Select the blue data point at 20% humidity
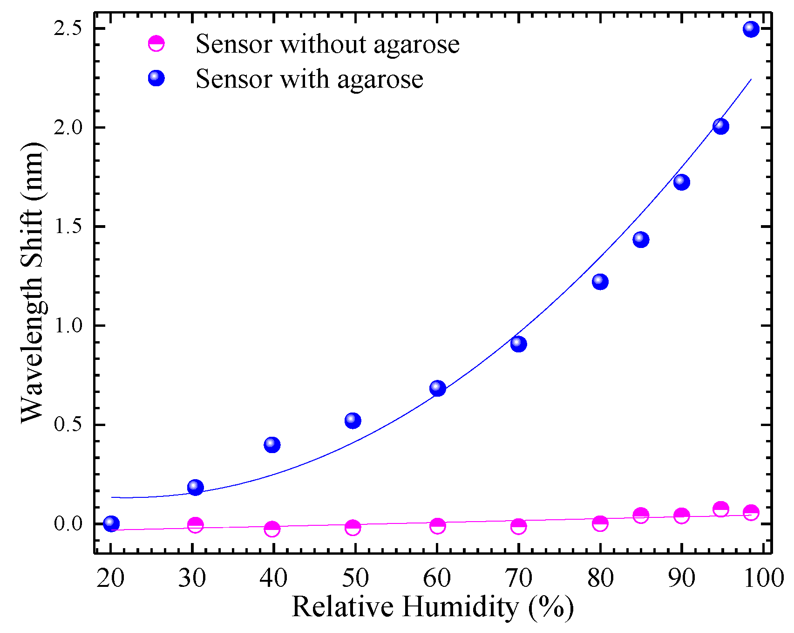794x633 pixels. pyautogui.click(x=111, y=523)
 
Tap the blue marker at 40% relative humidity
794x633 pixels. pyautogui.click(x=272, y=445)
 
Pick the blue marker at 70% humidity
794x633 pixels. pyautogui.click(x=518, y=344)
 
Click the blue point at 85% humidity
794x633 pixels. pyautogui.click(x=641, y=240)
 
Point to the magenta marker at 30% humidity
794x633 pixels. pyautogui.click(x=195, y=525)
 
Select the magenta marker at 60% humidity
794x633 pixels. pyautogui.click(x=437, y=526)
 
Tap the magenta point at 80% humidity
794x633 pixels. pyautogui.click(x=600, y=523)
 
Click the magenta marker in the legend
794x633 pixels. pyautogui.click(x=156, y=44)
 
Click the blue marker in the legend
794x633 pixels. pyautogui.click(x=156, y=78)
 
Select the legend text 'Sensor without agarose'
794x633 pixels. pyautogui.click(x=327, y=44)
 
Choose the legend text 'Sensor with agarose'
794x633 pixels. pyautogui.click(x=309, y=79)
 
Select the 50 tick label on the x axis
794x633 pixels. pyautogui.click(x=355, y=578)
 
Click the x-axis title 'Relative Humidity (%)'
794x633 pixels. pyautogui.click(x=433, y=607)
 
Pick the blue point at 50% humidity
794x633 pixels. pyautogui.click(x=353, y=421)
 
